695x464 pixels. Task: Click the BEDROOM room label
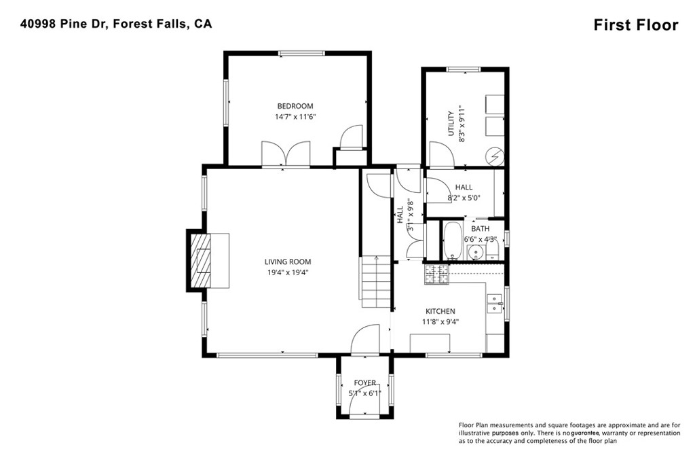click(x=295, y=106)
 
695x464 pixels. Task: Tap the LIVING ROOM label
click(x=288, y=262)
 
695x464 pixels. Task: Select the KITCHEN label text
click(x=440, y=311)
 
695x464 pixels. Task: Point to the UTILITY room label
click(x=451, y=124)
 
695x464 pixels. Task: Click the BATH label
click(x=480, y=229)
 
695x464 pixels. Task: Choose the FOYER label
click(x=364, y=383)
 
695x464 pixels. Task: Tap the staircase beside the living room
click(x=376, y=282)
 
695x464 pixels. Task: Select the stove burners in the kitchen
click(x=437, y=274)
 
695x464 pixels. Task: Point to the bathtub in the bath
click(x=452, y=241)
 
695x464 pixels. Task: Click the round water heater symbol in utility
click(x=494, y=156)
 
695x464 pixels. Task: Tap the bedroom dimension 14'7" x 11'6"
click(x=295, y=117)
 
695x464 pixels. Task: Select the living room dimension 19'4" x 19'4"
click(x=288, y=273)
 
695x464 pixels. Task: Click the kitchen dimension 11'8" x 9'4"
click(x=440, y=322)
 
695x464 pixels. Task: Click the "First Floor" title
click(x=636, y=25)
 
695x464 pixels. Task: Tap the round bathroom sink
click(x=475, y=253)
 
